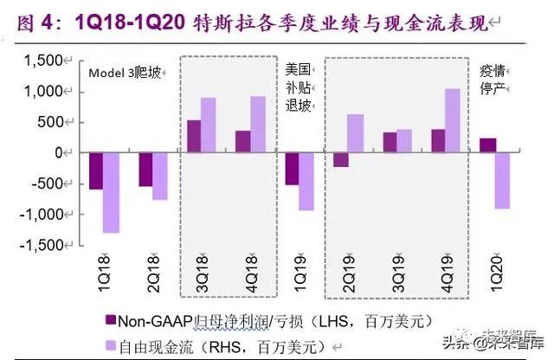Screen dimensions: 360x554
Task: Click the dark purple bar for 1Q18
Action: point(96,170)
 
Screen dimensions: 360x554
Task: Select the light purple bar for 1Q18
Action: point(111,192)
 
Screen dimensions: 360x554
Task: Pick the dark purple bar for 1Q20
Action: point(488,145)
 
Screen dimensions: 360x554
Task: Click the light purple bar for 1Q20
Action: point(503,180)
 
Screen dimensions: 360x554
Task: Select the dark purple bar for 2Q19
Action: point(341,159)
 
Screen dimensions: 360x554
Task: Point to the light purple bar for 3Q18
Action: point(209,125)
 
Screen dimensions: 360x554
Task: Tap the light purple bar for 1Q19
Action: point(306,181)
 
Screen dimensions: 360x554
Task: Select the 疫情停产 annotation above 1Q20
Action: point(494,79)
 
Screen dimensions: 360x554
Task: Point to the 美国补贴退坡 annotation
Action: point(297,87)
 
